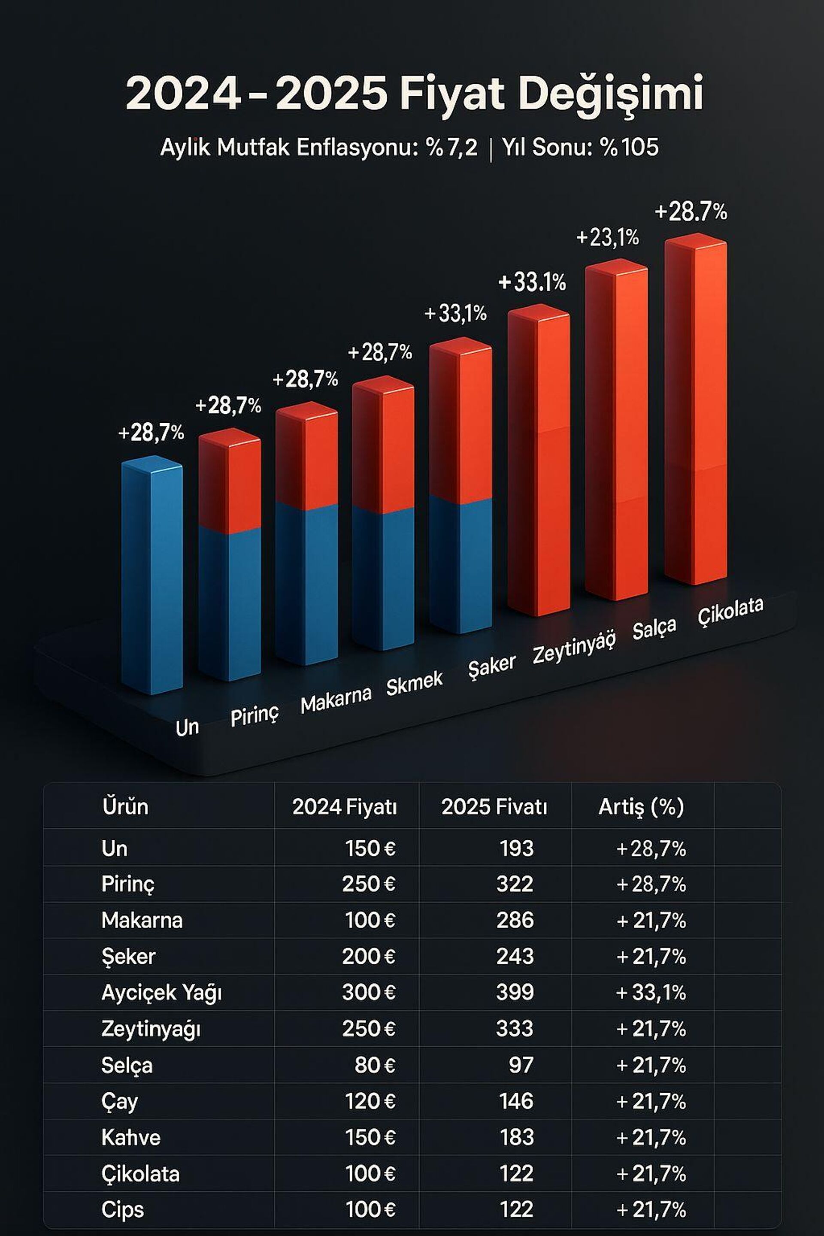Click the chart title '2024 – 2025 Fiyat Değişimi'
pyautogui.click(x=414, y=94)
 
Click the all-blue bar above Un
pyautogui.click(x=152, y=576)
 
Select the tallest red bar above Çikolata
pyautogui.click(x=695, y=410)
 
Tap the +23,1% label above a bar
pyautogui.click(x=608, y=238)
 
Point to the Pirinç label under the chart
pyautogui.click(x=255, y=715)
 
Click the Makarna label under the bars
pyautogui.click(x=336, y=700)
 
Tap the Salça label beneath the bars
pyautogui.click(x=654, y=628)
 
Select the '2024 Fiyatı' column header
pyautogui.click(x=345, y=807)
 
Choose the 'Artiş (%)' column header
pyautogui.click(x=641, y=807)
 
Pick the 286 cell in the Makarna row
pyautogui.click(x=515, y=920)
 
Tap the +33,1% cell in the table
pyautogui.click(x=651, y=993)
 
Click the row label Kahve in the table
pyautogui.click(x=131, y=1138)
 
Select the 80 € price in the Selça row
pyautogui.click(x=375, y=1065)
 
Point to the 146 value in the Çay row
pyautogui.click(x=517, y=1102)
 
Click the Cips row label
pyautogui.click(x=122, y=1210)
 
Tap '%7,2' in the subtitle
pyautogui.click(x=452, y=147)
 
